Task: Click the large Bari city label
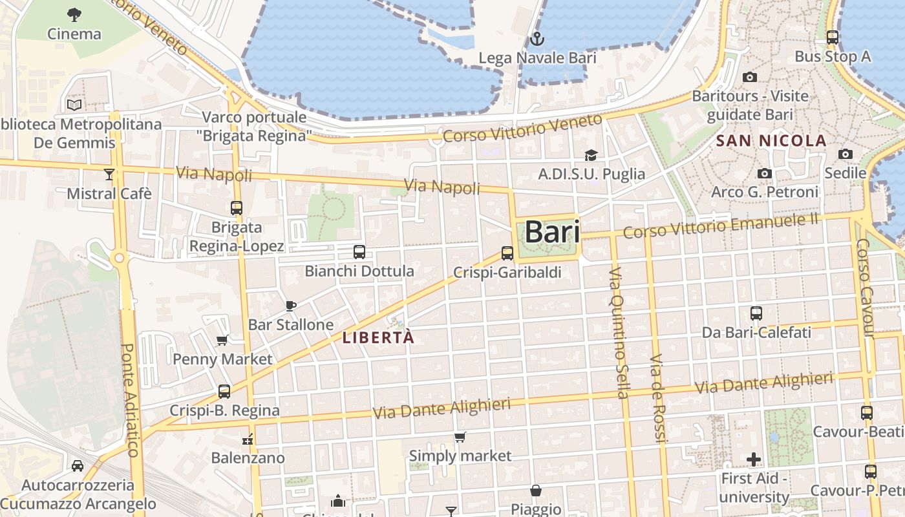(551, 232)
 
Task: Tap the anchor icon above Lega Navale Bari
(536, 39)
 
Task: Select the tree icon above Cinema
(74, 14)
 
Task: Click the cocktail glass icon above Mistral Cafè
(109, 174)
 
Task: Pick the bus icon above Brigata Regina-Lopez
(237, 208)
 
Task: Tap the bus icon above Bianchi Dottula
(359, 252)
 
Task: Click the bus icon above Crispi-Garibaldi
(507, 253)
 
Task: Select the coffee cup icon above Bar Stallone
(290, 306)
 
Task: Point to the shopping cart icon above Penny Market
(222, 340)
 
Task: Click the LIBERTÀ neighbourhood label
(378, 337)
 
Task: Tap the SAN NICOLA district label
(771, 140)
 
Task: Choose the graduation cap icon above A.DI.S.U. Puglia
(591, 155)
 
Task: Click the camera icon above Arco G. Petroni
(765, 173)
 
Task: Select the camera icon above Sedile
(845, 154)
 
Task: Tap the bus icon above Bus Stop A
(833, 37)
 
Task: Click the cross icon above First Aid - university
(753, 459)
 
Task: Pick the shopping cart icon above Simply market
(460, 438)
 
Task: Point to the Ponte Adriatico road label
(130, 401)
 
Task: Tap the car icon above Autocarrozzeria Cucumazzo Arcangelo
(77, 466)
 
